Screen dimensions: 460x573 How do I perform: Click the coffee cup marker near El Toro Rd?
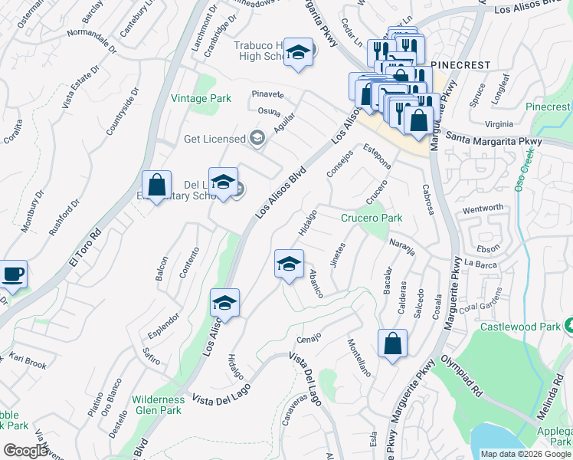click(13, 274)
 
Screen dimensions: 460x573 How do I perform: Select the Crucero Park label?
click(372, 219)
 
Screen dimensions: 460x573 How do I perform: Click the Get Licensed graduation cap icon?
click(257, 139)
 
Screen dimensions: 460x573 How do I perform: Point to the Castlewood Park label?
click(520, 327)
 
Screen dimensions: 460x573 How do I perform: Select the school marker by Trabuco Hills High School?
click(299, 52)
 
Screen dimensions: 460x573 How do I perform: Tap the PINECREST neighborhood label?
click(460, 66)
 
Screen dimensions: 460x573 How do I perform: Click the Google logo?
click(25, 451)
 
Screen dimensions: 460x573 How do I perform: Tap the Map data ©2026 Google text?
click(526, 454)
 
